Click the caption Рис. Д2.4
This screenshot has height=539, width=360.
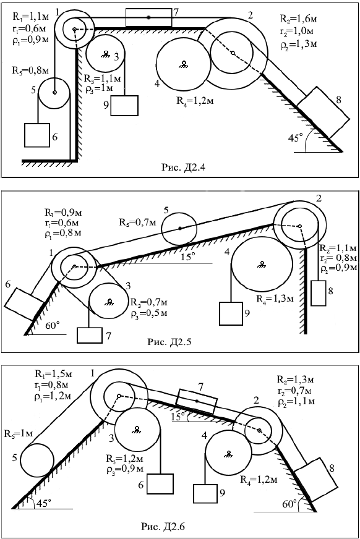(184, 168)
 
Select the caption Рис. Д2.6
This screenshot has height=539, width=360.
(163, 527)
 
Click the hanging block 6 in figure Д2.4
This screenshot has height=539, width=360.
(37, 135)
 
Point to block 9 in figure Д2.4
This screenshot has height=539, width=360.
(124, 106)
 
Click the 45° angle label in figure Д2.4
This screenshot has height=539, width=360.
(295, 138)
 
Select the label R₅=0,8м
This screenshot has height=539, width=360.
(30, 70)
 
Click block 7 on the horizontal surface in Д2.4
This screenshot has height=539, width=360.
(148, 17)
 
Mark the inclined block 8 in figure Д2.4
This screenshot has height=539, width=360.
(324, 112)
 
